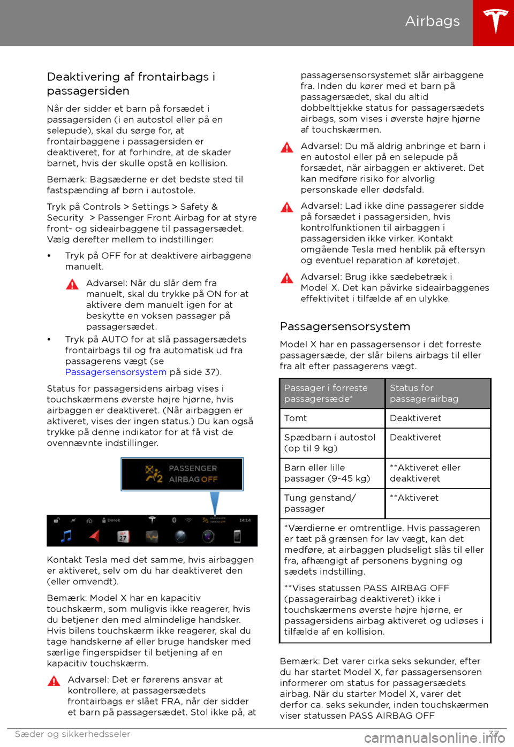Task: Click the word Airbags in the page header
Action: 432,21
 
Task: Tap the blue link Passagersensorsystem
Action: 116,372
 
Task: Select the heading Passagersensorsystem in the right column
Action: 345,326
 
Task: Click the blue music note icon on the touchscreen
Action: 66,536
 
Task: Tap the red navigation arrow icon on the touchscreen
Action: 94,536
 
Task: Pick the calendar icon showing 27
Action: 123,536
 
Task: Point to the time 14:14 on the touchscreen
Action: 245,520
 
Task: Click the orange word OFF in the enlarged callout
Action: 209,479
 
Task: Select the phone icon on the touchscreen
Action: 237,536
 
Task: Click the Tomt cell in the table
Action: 296,418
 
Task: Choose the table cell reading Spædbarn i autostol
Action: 330,443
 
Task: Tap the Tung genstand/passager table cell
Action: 320,503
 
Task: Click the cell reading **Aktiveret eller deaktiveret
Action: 425,473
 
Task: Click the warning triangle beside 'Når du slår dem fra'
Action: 72,284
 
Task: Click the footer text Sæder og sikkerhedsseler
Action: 73,734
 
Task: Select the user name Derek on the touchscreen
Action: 114,520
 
